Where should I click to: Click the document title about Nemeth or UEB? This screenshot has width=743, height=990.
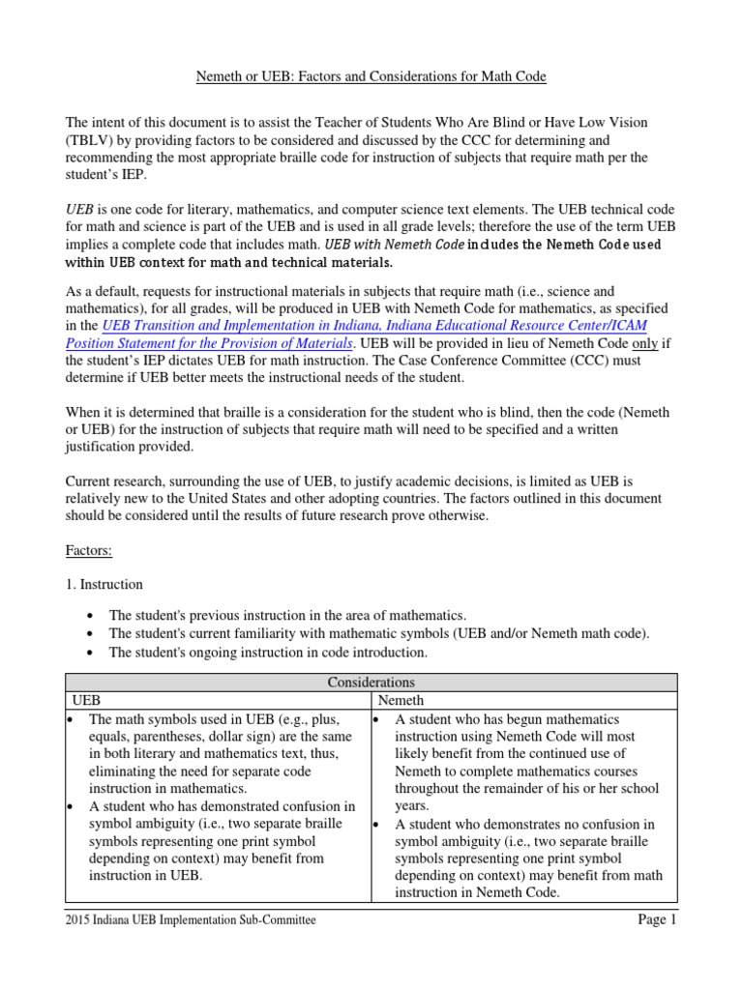(x=371, y=76)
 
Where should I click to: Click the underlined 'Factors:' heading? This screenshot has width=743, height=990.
(x=89, y=550)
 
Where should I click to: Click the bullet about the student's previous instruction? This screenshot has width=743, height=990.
(x=287, y=615)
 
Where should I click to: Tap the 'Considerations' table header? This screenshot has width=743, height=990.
(x=371, y=683)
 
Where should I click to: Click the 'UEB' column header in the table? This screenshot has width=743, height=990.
(x=87, y=700)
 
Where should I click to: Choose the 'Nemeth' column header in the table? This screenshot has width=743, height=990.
(x=400, y=700)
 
